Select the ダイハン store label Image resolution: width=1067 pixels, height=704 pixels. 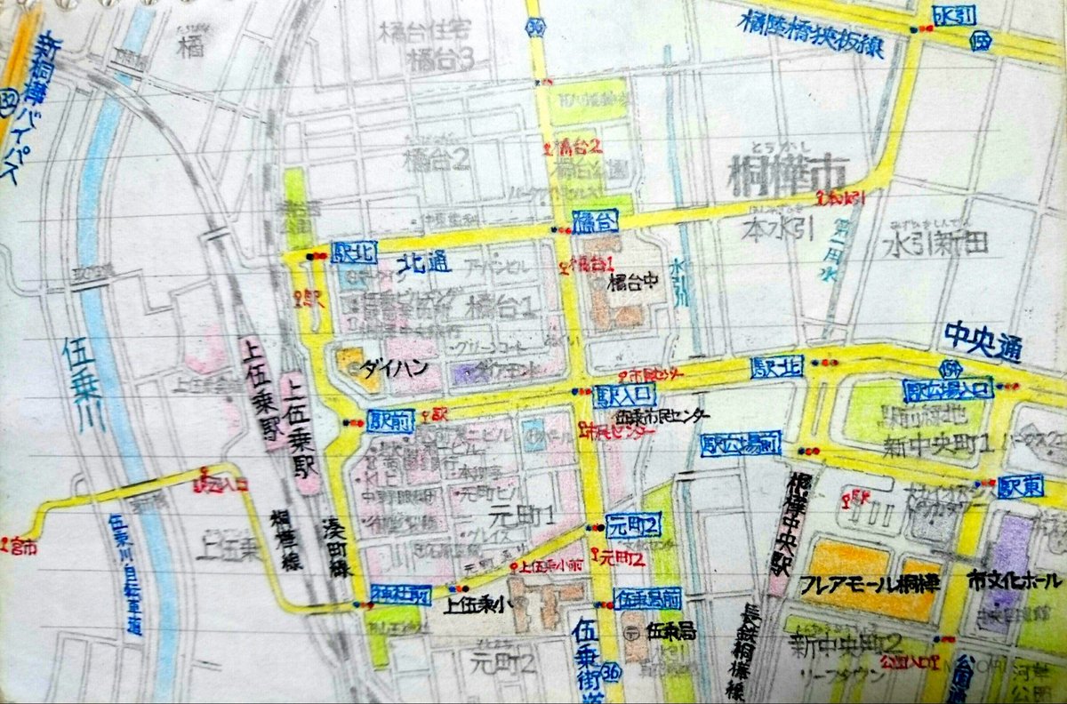click(383, 367)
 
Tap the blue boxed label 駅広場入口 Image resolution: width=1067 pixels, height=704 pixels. click(947, 389)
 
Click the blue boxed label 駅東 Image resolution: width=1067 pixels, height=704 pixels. click(1018, 486)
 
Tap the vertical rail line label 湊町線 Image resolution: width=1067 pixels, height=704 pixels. click(336, 552)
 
